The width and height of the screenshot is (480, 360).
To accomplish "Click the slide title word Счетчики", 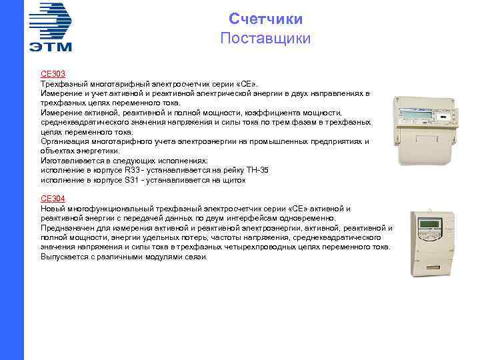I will [x=265, y=19].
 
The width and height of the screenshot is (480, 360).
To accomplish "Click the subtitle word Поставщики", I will [x=265, y=39].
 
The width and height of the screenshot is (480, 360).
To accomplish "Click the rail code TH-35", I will [x=257, y=170].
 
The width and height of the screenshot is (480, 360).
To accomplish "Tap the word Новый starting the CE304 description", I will [x=53, y=209].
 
